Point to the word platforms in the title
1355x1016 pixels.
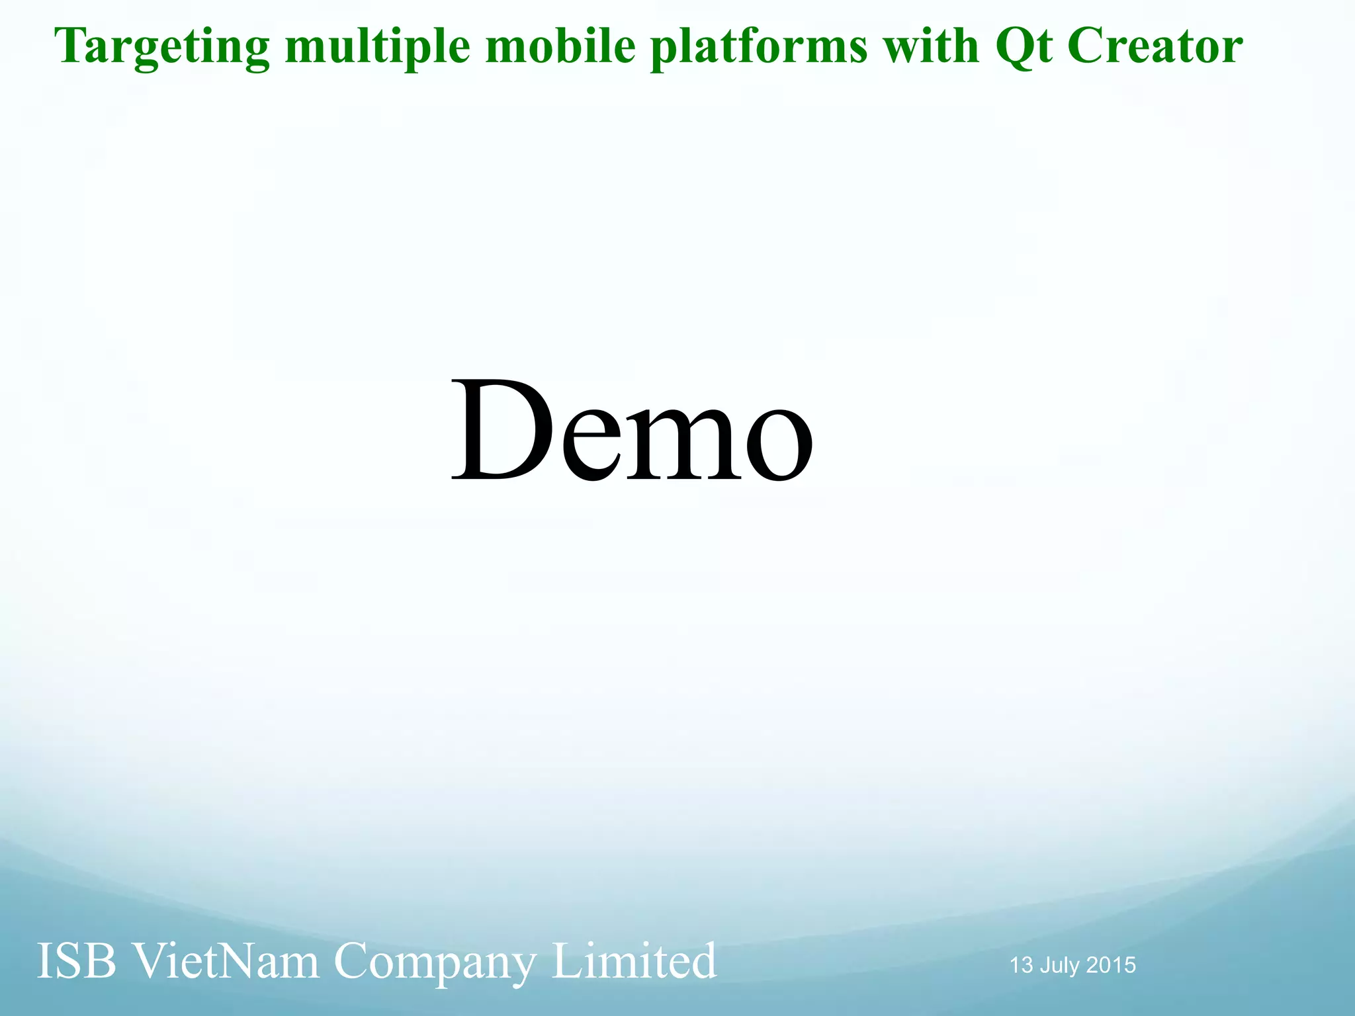click(x=758, y=48)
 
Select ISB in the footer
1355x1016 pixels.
click(x=76, y=961)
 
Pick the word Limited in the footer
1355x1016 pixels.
click(x=634, y=961)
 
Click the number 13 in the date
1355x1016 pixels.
click(x=1022, y=965)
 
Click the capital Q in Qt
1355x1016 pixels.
click(x=1013, y=48)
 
